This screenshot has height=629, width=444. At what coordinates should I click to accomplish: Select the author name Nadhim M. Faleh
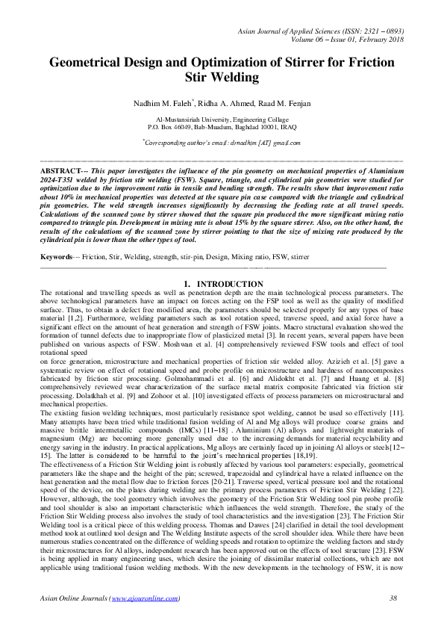coord(151,102)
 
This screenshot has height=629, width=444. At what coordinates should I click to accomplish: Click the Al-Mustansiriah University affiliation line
coord(222,120)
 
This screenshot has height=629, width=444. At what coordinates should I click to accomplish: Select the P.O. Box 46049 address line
coord(222,127)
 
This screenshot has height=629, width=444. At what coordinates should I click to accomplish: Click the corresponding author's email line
coord(222,142)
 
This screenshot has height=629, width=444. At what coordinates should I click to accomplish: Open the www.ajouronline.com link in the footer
coord(144,619)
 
